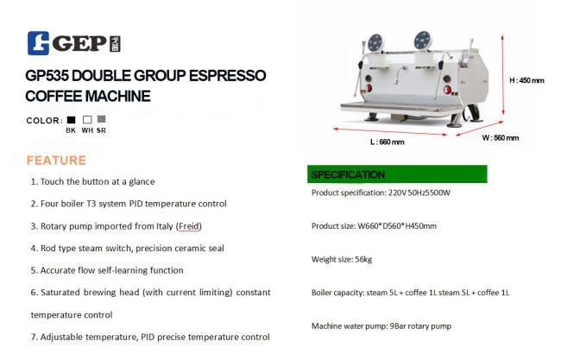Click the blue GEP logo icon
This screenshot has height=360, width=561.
click(x=38, y=43)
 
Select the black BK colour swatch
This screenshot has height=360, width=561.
click(x=71, y=119)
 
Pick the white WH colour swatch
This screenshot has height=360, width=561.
click(x=87, y=119)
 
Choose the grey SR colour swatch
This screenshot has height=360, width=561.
click(x=102, y=119)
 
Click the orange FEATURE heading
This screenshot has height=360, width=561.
click(x=56, y=161)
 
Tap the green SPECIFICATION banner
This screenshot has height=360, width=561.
click(x=397, y=174)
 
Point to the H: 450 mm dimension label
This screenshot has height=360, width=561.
click(x=526, y=80)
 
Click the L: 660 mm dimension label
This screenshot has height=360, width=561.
click(x=388, y=142)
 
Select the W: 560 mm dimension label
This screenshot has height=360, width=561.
click(x=501, y=138)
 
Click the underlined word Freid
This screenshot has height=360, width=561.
click(x=189, y=226)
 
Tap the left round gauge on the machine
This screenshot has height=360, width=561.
click(x=376, y=42)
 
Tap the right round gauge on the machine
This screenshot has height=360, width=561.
click(x=423, y=40)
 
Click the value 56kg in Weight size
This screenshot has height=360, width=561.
click(x=363, y=259)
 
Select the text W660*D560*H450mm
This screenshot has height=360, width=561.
click(x=397, y=226)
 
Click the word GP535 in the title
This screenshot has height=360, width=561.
click(x=47, y=75)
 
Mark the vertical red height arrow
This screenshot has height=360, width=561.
click(x=502, y=74)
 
